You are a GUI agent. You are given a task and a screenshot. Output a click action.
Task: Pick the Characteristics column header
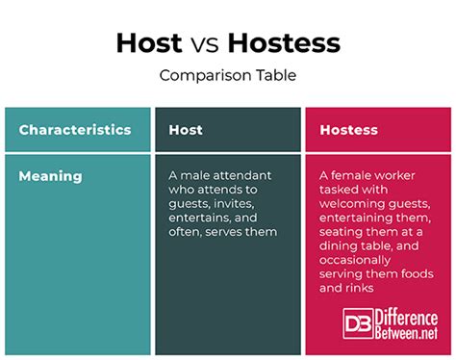[75, 130]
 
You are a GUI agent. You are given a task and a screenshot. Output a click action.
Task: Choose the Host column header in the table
[186, 130]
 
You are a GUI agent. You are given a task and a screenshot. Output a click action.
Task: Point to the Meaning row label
[50, 176]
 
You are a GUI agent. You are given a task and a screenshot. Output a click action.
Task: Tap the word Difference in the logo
[406, 317]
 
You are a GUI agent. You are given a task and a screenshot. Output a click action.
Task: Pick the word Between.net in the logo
[406, 333]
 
